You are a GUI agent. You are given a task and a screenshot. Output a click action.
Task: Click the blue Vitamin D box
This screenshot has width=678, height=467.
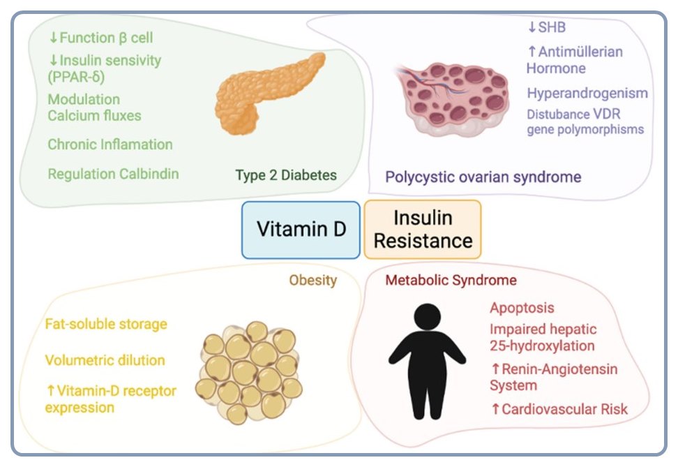point(301,230)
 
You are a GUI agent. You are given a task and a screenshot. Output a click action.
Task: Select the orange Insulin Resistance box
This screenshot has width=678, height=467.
point(423,230)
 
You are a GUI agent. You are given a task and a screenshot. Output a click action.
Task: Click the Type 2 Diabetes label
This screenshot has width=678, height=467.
point(286,175)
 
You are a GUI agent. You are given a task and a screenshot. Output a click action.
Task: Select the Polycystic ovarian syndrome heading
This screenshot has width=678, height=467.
point(483,176)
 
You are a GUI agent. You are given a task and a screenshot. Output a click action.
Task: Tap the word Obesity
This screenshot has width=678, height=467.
point(313,281)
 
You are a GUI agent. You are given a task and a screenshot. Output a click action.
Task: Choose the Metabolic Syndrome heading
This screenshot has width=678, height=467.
point(451,281)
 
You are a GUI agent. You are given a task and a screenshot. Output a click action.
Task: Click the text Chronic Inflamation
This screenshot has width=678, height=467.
point(110,144)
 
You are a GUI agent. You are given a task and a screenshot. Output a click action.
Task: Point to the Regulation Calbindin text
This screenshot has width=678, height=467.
point(113,174)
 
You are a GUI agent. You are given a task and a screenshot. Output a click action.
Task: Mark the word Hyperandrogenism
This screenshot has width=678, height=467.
point(587,93)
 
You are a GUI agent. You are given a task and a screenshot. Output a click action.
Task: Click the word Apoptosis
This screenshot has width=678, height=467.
point(522,308)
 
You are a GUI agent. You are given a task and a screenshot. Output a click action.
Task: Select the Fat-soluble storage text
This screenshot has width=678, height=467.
point(106,324)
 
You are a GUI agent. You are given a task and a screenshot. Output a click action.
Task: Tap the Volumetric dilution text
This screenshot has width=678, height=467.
point(105,360)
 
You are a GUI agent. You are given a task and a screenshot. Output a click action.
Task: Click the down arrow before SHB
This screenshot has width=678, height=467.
point(532,27)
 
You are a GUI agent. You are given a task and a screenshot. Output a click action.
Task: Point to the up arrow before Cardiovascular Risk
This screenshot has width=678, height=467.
point(496,409)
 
